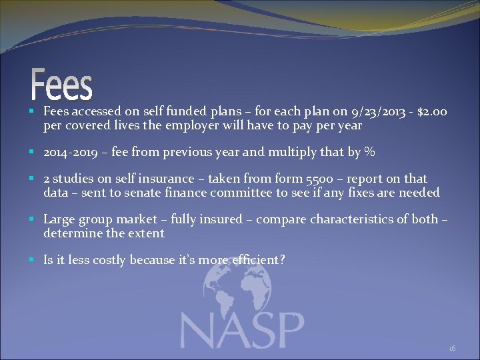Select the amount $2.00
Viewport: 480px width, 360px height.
pyautogui.click(x=433, y=111)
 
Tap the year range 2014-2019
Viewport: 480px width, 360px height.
pyautogui.click(x=71, y=152)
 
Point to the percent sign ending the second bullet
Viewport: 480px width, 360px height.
pyautogui.click(x=370, y=152)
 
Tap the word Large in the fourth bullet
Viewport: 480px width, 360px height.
pyautogui.click(x=59, y=219)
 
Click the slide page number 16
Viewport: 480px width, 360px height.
pyautogui.click(x=452, y=348)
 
